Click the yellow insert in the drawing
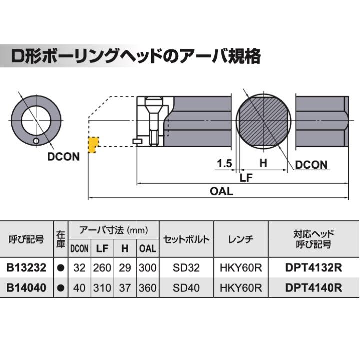(x=92, y=145)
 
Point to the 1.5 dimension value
(x=224, y=163)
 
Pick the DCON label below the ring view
(x=63, y=157)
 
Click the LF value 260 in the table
(x=102, y=268)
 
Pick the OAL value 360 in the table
(x=147, y=288)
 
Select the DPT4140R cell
(x=313, y=288)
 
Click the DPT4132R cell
(x=313, y=268)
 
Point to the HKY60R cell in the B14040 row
(x=241, y=288)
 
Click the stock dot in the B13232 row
(x=60, y=268)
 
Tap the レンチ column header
(x=241, y=239)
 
